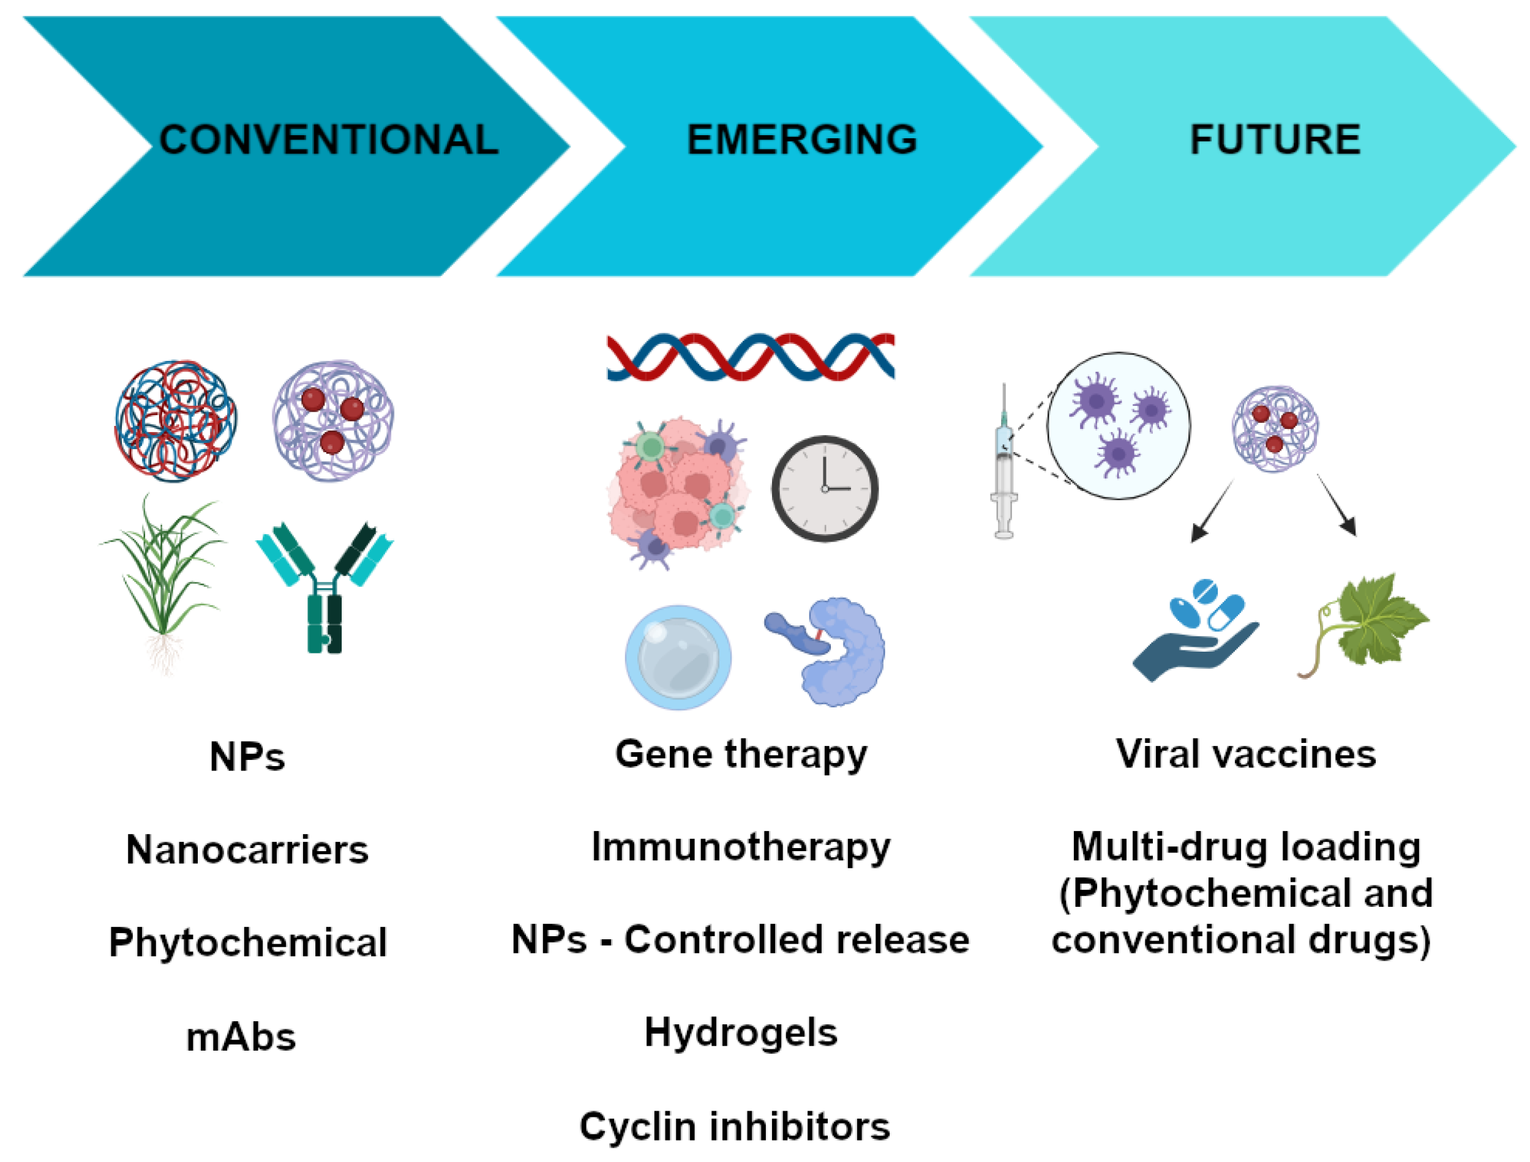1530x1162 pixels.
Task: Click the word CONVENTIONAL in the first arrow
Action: tap(329, 140)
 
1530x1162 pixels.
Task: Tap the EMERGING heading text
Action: tap(802, 140)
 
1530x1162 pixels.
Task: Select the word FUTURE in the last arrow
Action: tap(1275, 140)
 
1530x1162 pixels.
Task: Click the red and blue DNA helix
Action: tap(750, 357)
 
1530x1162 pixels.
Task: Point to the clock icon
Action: tap(824, 488)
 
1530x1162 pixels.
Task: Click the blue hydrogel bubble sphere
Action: tap(678, 657)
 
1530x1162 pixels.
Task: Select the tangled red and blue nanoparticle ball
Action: tap(176, 420)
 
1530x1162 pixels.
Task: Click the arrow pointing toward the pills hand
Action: tap(1211, 512)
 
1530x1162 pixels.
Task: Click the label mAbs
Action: tap(241, 1038)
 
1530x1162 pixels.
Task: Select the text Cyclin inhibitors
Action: tap(734, 1127)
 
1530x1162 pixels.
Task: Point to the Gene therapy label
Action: tap(740, 754)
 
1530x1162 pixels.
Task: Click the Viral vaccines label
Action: tap(1245, 754)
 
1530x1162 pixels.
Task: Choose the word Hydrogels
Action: tap(740, 1034)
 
